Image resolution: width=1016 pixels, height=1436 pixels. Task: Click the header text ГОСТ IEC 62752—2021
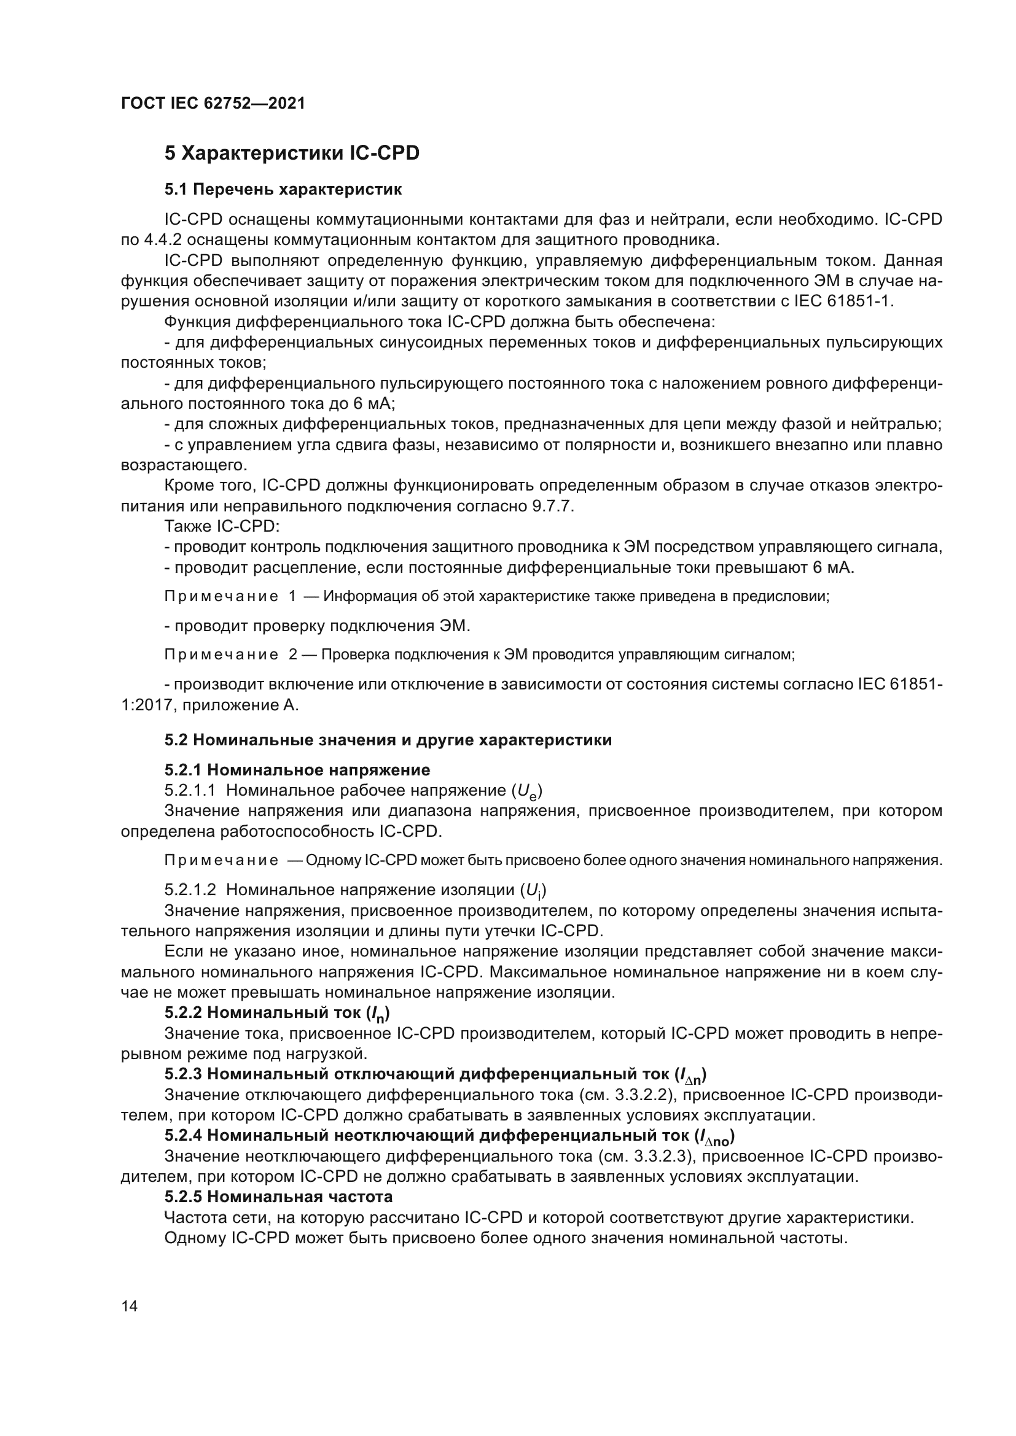click(x=213, y=103)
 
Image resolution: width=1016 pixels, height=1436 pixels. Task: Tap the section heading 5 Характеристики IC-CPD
click(x=292, y=153)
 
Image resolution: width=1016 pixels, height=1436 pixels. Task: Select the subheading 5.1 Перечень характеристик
click(x=283, y=190)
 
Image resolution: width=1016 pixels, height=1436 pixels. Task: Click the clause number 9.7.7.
click(x=552, y=506)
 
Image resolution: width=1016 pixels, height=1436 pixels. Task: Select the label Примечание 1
click(x=230, y=596)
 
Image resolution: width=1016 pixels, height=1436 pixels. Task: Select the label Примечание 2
click(x=230, y=655)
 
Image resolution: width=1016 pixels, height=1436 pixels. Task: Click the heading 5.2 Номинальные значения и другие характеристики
click(x=388, y=740)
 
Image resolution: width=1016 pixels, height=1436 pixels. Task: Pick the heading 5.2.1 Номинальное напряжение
click(x=297, y=769)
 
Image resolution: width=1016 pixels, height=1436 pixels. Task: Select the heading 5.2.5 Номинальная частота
click(x=278, y=1197)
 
